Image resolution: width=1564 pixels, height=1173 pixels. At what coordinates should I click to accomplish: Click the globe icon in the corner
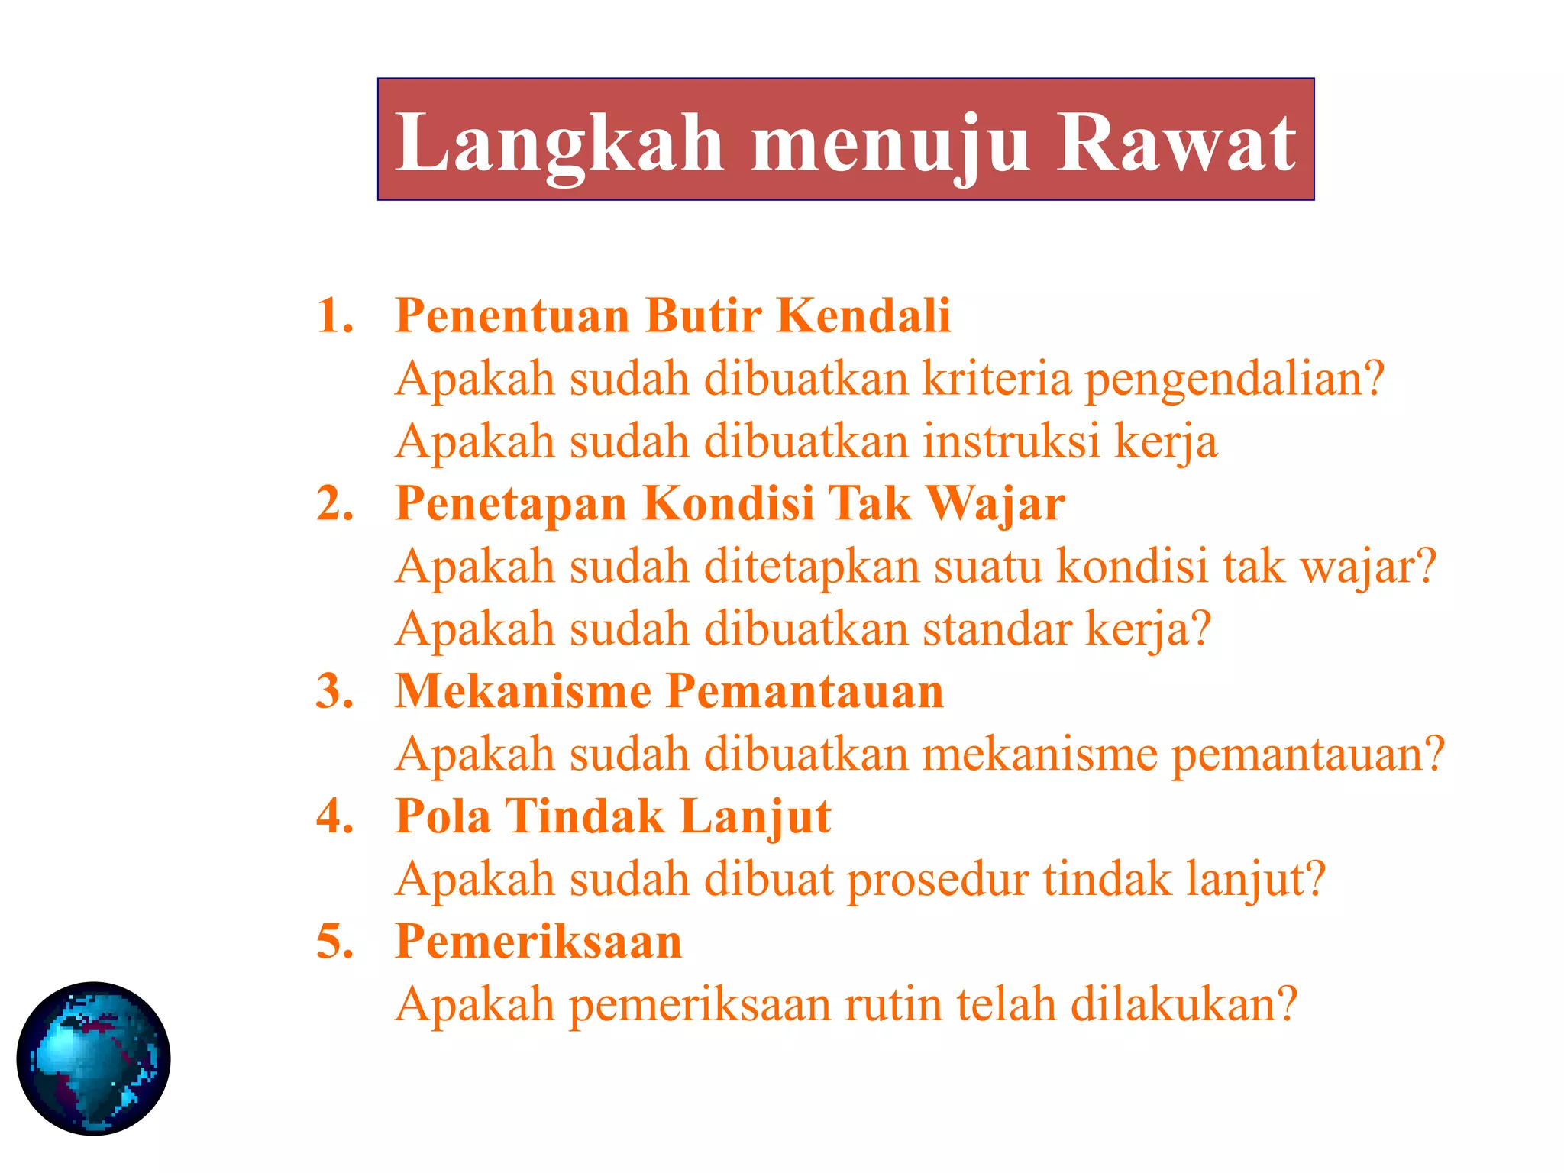click(93, 1058)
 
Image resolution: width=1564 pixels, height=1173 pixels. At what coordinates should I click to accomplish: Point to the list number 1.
click(335, 315)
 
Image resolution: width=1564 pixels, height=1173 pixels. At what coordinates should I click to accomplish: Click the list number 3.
click(335, 691)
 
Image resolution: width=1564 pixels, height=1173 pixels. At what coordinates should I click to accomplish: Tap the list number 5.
click(335, 941)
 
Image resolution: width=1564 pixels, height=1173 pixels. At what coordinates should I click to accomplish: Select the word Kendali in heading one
click(863, 315)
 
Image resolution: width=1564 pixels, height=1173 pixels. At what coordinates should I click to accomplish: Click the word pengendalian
click(1234, 380)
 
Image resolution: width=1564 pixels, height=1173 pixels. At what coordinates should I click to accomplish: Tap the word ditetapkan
click(811, 567)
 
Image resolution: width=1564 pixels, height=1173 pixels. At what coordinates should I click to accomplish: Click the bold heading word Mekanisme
click(523, 691)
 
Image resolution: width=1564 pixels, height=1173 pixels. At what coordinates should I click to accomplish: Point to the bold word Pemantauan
click(805, 691)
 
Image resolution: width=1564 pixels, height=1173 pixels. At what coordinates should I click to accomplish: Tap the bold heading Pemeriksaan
click(538, 941)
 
